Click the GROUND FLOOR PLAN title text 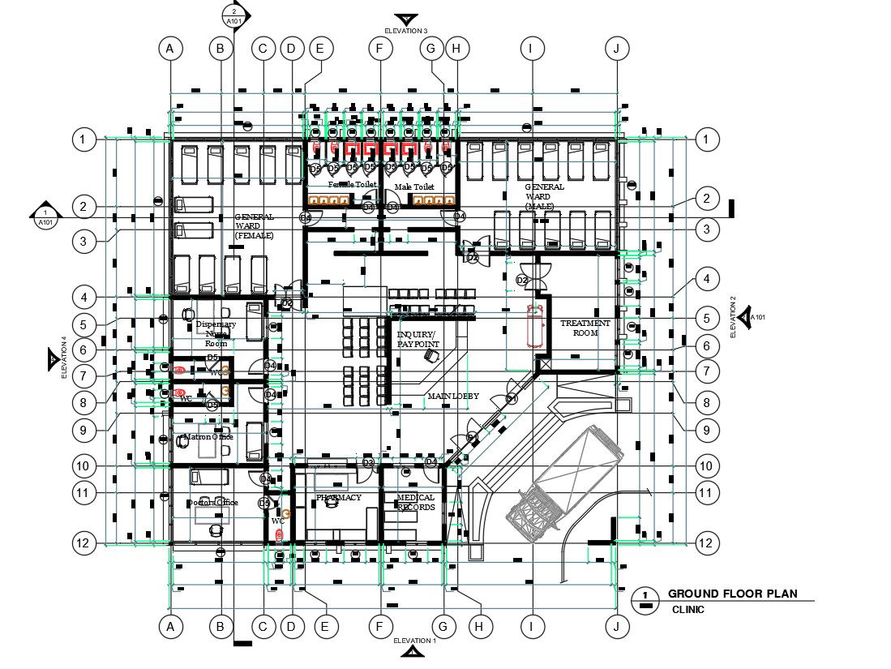coord(731,594)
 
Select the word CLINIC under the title coord(688,610)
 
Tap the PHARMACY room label coord(338,497)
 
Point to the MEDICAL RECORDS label coord(415,502)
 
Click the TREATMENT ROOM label coord(585,328)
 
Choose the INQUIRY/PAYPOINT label coord(418,339)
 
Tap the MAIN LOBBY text coord(452,396)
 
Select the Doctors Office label coord(212,502)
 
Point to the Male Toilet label coord(413,187)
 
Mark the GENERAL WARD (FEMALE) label coord(254,225)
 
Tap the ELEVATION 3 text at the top coord(406,31)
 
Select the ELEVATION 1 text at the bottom coord(413,641)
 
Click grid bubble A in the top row coord(169,49)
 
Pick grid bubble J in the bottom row coord(617,626)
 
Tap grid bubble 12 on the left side coord(83,542)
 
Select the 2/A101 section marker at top coord(233,15)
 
